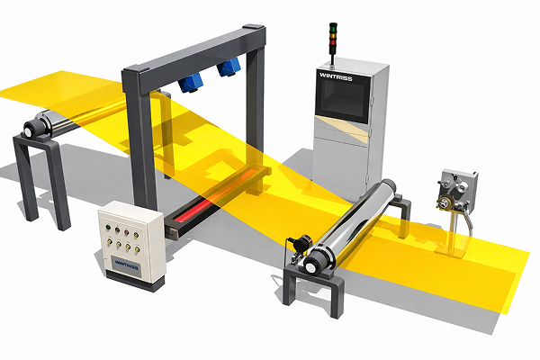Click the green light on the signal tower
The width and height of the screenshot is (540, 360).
[x=333, y=27]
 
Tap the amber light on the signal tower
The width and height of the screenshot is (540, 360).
[x=333, y=35]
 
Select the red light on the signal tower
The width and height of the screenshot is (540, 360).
[x=333, y=42]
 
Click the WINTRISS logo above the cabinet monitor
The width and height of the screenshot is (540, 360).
[x=336, y=76]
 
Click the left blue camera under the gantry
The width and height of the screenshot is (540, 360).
[x=189, y=83]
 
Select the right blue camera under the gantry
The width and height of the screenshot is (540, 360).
[x=229, y=67]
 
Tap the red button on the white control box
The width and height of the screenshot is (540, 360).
[x=126, y=232]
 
